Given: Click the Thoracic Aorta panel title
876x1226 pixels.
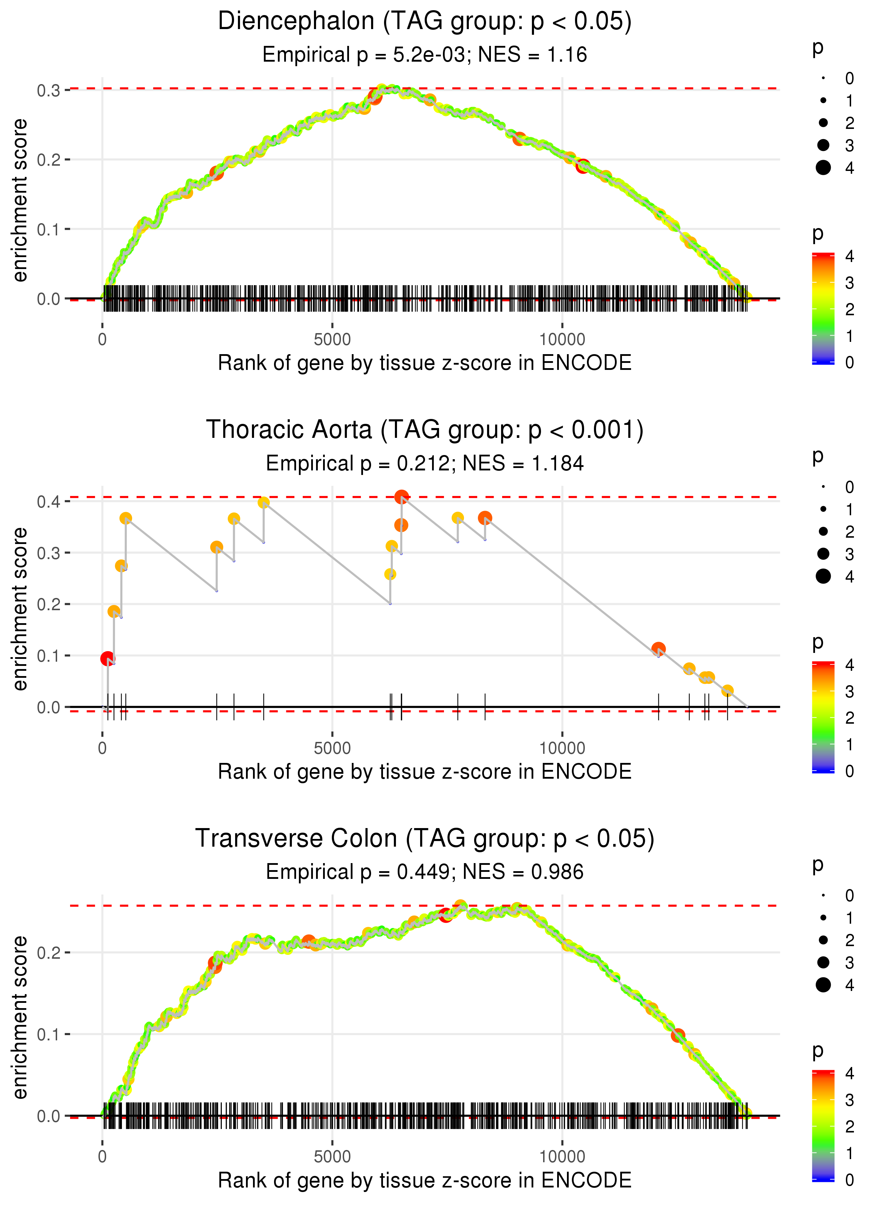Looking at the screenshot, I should pyautogui.click(x=425, y=430).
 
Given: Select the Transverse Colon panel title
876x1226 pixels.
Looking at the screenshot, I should pyautogui.click(x=425, y=838).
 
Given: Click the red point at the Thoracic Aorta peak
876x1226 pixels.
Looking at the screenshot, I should pyautogui.click(x=401, y=497).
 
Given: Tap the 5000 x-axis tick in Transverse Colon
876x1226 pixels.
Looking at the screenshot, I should pyautogui.click(x=332, y=1156).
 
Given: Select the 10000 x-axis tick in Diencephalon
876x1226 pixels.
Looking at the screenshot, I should pyautogui.click(x=562, y=340).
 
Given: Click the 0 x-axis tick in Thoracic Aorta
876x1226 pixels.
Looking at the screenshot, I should pyautogui.click(x=102, y=748).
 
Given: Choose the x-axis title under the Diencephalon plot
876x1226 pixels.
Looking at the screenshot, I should pyautogui.click(x=425, y=363).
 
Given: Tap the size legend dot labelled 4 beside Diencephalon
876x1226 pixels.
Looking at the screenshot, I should pyautogui.click(x=823, y=168).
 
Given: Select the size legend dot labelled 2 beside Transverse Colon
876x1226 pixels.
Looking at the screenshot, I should pyautogui.click(x=823, y=940).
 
